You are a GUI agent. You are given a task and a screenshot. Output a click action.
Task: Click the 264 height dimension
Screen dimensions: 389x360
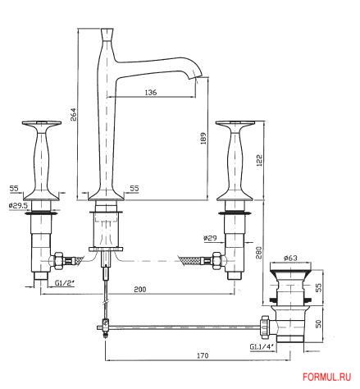point(73,115)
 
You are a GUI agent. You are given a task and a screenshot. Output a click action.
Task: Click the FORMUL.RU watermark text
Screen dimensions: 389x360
point(329,378)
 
